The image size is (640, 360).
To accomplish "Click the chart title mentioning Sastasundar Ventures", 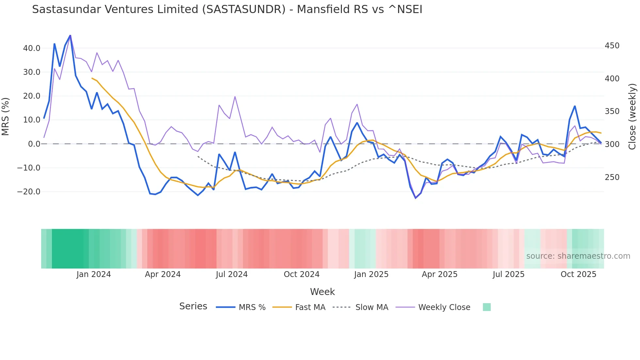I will [x=227, y=9].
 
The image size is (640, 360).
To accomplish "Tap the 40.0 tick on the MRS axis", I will [x=32, y=48].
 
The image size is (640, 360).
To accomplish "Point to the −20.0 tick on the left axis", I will [x=29, y=192].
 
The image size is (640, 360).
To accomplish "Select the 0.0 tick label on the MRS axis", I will [x=34, y=144].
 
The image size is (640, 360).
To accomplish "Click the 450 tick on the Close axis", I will [x=612, y=46].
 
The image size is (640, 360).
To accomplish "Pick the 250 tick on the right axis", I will [x=612, y=177].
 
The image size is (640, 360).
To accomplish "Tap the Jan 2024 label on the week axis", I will [x=94, y=274].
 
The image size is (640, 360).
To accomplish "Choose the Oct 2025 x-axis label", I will [x=578, y=274].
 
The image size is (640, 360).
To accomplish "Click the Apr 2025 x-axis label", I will [x=440, y=274].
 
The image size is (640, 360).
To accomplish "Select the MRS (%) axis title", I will [x=6, y=116].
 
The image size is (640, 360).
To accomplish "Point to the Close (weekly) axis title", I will [x=632, y=116].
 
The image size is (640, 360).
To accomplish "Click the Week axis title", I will [x=322, y=292].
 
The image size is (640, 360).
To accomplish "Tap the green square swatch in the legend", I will [x=487, y=307].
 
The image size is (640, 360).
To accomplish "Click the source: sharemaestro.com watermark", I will [x=578, y=256].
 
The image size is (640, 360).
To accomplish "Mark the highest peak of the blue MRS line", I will [x=70, y=35].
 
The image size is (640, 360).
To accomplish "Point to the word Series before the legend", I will [x=193, y=306].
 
